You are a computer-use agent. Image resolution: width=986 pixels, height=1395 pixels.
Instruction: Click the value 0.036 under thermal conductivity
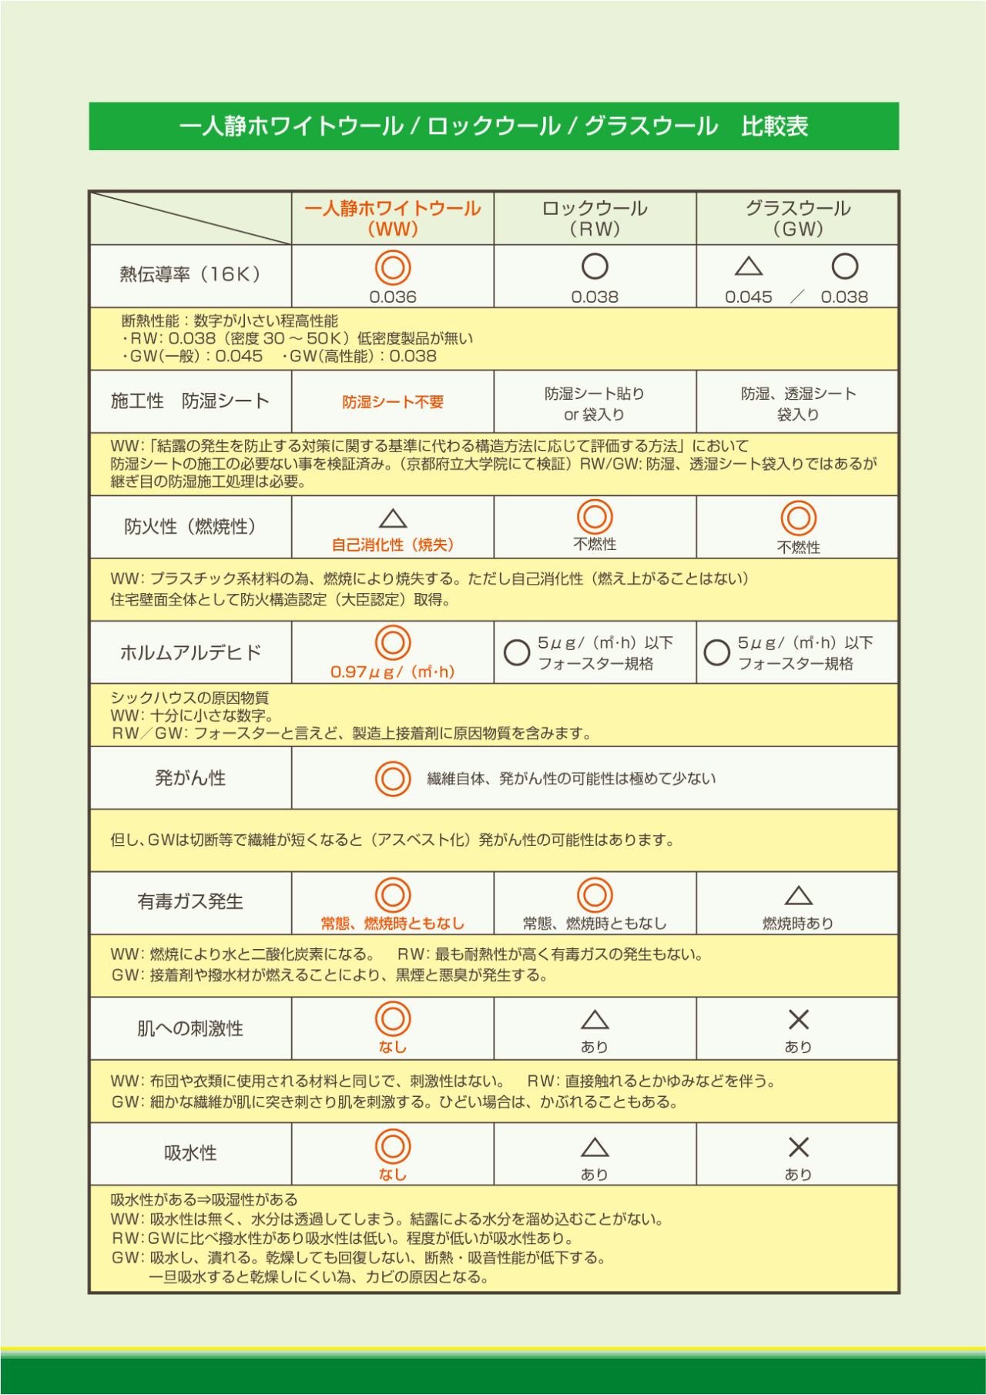(393, 297)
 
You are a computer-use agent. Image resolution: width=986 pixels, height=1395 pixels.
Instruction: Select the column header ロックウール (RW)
(595, 218)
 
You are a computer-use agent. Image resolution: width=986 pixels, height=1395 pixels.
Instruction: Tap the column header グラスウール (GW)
(797, 218)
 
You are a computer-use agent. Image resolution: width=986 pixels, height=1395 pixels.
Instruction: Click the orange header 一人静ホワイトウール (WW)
(393, 218)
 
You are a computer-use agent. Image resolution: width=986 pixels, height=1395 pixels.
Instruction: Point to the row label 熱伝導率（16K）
(190, 274)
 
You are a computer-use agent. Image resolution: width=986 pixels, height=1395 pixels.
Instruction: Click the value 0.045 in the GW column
(748, 297)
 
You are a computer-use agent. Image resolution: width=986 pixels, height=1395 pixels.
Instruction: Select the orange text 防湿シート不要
(393, 402)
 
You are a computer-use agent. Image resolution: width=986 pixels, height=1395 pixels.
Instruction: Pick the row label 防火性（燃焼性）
(190, 527)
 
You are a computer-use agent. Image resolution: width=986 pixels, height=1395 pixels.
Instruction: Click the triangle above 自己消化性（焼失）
(393, 518)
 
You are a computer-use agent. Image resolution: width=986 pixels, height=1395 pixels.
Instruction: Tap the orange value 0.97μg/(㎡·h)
(393, 672)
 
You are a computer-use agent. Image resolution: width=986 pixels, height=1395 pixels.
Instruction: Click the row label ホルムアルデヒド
(190, 653)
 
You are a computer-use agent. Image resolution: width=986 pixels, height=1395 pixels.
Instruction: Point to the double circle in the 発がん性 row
(393, 779)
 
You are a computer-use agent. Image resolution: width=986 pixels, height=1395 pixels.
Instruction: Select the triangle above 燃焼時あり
(798, 896)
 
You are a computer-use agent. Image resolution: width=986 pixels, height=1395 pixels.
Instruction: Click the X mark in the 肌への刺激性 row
(798, 1020)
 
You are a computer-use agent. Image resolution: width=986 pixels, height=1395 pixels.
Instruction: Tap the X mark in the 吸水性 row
(798, 1147)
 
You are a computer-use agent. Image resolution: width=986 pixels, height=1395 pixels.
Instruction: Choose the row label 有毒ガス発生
(190, 902)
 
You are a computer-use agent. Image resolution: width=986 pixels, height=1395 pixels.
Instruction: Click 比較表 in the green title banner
(774, 126)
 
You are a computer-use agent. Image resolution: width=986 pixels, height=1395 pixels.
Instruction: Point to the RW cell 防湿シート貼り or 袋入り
(595, 404)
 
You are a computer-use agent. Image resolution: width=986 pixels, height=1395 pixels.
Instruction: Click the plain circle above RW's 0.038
(595, 267)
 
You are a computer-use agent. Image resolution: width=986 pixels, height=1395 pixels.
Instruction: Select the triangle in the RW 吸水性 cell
(595, 1148)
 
